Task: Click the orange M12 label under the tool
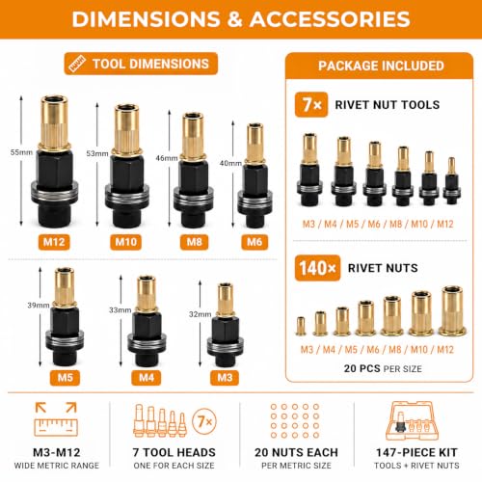(x=54, y=242)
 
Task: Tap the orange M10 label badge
(x=125, y=242)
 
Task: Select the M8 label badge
(x=194, y=242)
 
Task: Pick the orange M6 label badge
(x=254, y=242)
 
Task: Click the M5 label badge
(x=65, y=377)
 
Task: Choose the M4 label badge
(x=147, y=377)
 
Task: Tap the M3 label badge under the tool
(x=225, y=377)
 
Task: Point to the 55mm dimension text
(x=21, y=152)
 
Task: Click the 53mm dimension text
(x=97, y=153)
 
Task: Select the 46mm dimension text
(x=167, y=158)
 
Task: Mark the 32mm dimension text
(x=200, y=314)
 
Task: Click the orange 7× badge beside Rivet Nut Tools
(x=311, y=105)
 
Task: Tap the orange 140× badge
(x=317, y=268)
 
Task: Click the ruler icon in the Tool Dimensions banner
(x=77, y=64)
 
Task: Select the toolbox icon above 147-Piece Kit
(x=413, y=421)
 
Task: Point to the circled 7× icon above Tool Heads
(x=204, y=421)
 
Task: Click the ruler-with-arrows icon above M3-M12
(x=56, y=419)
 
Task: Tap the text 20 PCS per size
(x=383, y=368)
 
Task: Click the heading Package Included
(x=381, y=66)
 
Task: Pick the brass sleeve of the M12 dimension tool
(x=54, y=123)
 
